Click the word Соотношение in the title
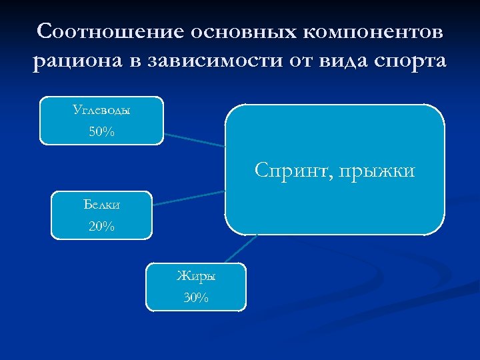(109, 31)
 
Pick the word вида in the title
(343, 62)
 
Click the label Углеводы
(101, 110)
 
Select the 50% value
(101, 132)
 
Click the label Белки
(101, 204)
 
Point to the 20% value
(101, 227)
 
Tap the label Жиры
(196, 275)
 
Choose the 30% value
(196, 298)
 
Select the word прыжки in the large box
(377, 171)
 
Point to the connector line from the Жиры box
(241, 249)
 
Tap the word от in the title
(300, 62)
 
